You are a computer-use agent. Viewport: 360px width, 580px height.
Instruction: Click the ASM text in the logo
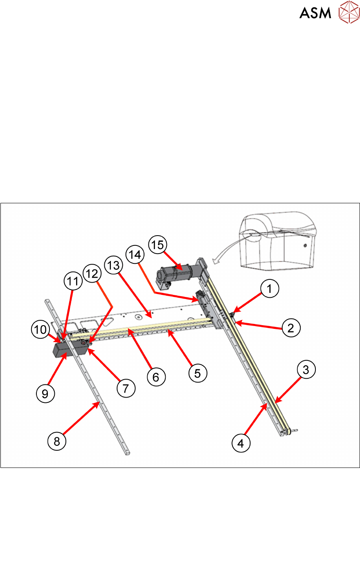[x=315, y=13]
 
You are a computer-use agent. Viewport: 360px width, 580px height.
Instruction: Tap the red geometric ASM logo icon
[x=349, y=12]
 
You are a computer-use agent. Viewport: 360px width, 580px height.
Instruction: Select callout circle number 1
[x=270, y=288]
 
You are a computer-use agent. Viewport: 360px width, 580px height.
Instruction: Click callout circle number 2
[x=291, y=328]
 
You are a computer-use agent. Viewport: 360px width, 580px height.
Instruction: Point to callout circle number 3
[x=306, y=369]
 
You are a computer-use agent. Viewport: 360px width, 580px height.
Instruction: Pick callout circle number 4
[x=241, y=443]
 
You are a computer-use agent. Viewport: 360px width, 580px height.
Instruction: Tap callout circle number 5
[x=198, y=373]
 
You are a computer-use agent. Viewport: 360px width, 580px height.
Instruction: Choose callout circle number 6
[x=156, y=377]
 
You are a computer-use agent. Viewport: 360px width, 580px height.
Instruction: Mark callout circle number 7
[x=126, y=388]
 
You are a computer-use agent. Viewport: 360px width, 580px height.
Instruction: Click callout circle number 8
[x=57, y=441]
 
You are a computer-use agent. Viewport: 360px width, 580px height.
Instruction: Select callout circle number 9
[x=45, y=393]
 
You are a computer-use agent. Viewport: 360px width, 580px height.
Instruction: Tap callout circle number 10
[x=40, y=329]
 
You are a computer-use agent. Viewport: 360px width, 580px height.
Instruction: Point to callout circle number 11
[x=73, y=281]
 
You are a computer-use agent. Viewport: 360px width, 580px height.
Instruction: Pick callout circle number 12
[x=92, y=273]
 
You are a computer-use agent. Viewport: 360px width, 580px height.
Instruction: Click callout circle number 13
[x=113, y=265]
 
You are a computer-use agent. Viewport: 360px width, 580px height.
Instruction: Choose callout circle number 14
[x=135, y=254]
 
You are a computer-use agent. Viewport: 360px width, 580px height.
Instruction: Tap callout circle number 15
[x=157, y=245]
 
